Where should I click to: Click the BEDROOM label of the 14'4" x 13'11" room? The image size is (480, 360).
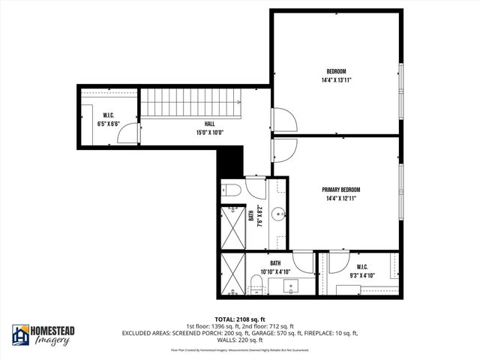coord(335,71)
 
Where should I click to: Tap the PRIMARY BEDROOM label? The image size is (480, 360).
coord(341,190)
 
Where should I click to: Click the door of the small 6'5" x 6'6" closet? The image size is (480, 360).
coord(131,132)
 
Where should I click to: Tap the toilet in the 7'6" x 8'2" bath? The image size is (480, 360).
coord(231,190)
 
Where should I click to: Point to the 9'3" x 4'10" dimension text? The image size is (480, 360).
coord(357,274)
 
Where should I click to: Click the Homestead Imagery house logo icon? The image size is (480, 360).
coord(20,335)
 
